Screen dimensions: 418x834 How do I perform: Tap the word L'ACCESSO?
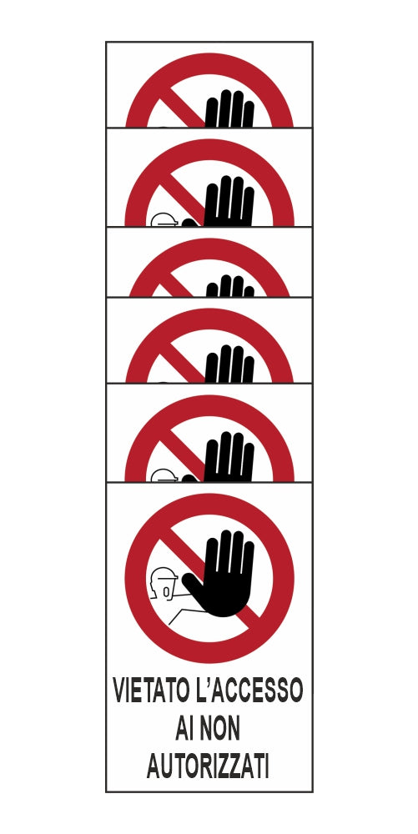[247, 691]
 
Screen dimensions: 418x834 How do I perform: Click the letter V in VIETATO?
[121, 691]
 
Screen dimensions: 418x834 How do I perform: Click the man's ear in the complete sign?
[167, 591]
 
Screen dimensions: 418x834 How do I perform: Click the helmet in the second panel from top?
[164, 219]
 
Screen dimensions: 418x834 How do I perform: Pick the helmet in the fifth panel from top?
[164, 475]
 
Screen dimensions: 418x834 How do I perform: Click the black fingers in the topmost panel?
[229, 109]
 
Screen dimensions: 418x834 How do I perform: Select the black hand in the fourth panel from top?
[229, 364]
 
